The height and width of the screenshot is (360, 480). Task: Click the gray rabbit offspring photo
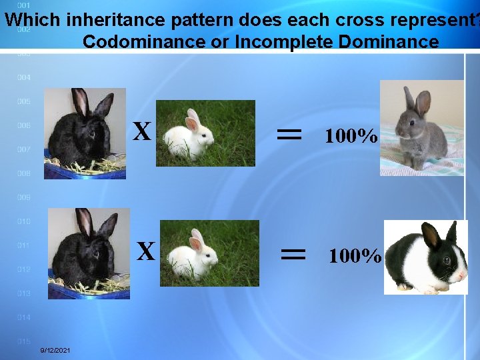pos(421,128)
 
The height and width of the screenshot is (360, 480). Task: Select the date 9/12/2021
pos(57,351)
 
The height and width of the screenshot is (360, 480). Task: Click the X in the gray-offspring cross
pos(141,132)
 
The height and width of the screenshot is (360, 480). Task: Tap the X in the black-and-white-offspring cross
pos(146,251)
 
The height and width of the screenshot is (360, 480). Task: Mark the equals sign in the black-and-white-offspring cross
pos(293,253)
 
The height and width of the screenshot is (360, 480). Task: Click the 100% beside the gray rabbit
pos(351,137)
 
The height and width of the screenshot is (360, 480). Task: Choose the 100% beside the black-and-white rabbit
pos(355,256)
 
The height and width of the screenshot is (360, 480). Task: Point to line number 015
pos(24,341)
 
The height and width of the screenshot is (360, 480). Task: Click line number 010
pos(24,221)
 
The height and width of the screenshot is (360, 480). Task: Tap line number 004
pos(24,78)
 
